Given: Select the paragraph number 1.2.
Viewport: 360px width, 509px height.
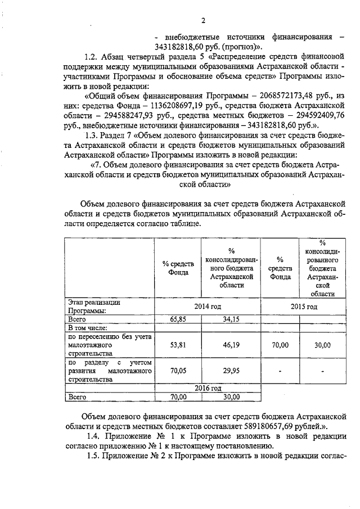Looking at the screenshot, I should click(91, 57).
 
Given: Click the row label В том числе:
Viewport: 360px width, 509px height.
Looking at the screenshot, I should click(87, 327).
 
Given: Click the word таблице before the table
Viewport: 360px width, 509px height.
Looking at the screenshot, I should click(182, 223).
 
